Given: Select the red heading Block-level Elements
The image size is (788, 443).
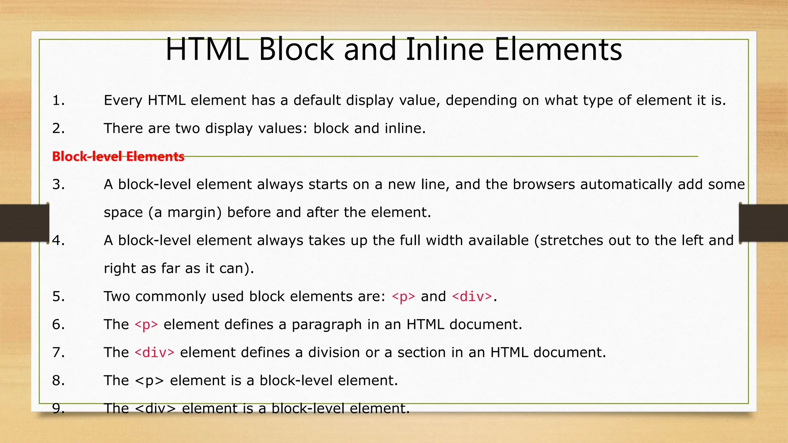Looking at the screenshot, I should click(118, 157).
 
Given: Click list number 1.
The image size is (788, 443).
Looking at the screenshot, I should click(58, 100).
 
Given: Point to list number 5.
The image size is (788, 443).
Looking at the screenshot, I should click(58, 296).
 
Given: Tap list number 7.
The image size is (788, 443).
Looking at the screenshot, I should click(58, 353).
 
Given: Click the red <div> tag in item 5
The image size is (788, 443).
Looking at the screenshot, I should click(472, 296).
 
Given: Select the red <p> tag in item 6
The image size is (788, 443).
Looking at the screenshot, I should click(146, 325).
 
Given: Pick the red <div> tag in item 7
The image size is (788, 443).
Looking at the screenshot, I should click(154, 353).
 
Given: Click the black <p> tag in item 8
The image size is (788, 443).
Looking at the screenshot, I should click(150, 381).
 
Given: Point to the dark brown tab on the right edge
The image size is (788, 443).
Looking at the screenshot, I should click(764, 223).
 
